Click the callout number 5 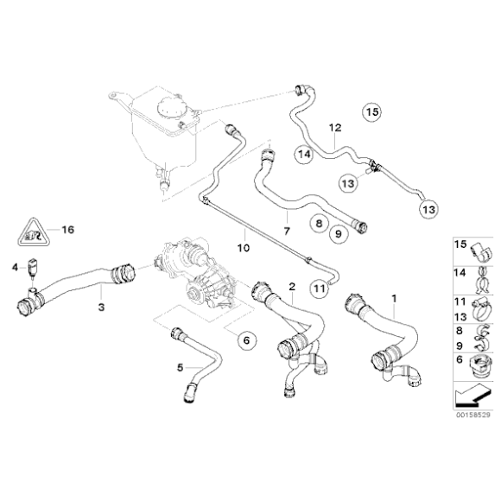tap(181, 366)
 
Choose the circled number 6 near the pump tap(246, 341)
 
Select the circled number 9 tap(338, 232)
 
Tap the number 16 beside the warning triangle tap(68, 230)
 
